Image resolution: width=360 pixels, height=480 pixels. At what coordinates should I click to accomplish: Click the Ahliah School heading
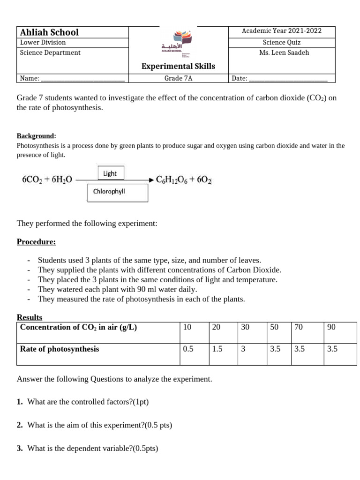[49, 32]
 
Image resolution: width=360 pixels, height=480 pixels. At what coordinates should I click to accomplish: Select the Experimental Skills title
[178, 66]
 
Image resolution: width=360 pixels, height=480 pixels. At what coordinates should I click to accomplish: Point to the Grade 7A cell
[178, 78]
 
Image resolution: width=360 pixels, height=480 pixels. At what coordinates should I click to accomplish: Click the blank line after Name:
[83, 79]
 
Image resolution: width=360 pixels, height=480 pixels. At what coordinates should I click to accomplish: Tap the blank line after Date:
[288, 79]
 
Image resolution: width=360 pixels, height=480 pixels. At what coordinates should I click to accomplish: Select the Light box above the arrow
[111, 173]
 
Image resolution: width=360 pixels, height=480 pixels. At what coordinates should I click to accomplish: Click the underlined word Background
[36, 136]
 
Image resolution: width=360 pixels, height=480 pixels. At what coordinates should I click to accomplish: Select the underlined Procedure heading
[36, 242]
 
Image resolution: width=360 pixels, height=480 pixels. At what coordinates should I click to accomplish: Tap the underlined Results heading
[30, 317]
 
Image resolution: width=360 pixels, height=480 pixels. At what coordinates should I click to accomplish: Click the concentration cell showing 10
[187, 327]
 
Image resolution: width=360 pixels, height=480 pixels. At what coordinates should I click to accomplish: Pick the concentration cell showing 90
[331, 327]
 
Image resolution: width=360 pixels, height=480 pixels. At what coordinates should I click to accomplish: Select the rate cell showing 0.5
[188, 349]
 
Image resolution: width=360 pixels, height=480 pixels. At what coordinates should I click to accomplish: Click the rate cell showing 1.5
[217, 349]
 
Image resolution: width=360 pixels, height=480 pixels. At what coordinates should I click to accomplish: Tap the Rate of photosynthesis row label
[60, 349]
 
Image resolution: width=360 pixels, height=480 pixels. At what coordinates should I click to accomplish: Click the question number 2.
[20, 425]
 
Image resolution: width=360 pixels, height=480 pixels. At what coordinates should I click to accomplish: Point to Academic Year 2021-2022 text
[282, 31]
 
